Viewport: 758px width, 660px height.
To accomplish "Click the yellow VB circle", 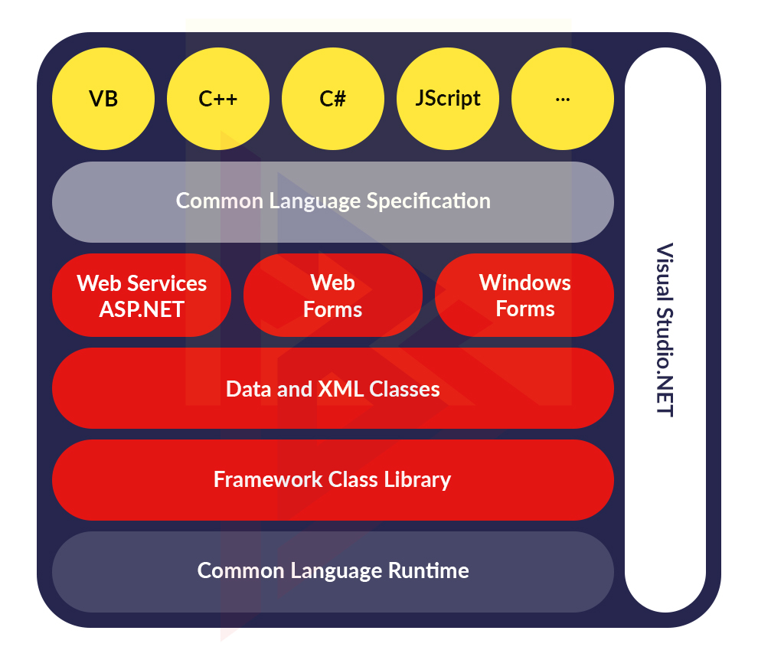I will click(x=103, y=99).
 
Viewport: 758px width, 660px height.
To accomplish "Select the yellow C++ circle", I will click(x=218, y=99).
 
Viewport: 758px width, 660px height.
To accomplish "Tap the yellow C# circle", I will click(x=333, y=99).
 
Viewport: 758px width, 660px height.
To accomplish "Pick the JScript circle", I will click(x=448, y=99).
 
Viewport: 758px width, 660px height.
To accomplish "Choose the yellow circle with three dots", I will click(x=563, y=99).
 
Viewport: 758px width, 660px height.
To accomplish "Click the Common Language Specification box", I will click(x=333, y=201).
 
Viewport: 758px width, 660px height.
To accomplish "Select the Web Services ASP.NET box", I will click(x=142, y=296).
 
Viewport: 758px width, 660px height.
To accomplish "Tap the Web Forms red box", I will click(x=333, y=296).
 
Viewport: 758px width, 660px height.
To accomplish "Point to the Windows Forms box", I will click(x=524, y=296).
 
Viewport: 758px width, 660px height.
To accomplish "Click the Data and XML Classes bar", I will click(x=333, y=389).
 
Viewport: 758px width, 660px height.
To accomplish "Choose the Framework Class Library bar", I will click(x=333, y=480).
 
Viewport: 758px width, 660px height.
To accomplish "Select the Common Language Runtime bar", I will click(x=333, y=571).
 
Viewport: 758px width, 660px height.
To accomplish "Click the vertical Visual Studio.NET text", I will click(x=665, y=329).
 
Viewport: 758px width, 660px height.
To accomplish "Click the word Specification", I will click(x=428, y=201).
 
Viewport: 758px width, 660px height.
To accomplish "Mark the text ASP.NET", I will click(x=142, y=309).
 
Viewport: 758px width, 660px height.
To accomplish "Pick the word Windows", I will click(x=524, y=283).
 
